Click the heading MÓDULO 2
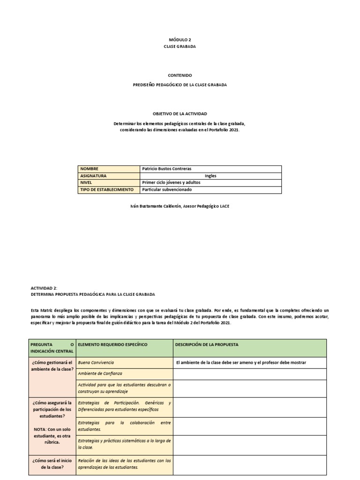pyautogui.click(x=180, y=40)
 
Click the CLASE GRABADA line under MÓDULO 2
pyautogui.click(x=180, y=47)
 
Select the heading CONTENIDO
pyautogui.click(x=180, y=75)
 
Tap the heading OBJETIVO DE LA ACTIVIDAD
pyautogui.click(x=180, y=114)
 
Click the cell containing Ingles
pyautogui.click(x=210, y=176)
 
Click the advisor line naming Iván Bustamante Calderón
pyautogui.click(x=180, y=206)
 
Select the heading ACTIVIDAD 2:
pyautogui.click(x=44, y=288)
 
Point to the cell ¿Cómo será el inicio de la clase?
pyautogui.click(x=52, y=464)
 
